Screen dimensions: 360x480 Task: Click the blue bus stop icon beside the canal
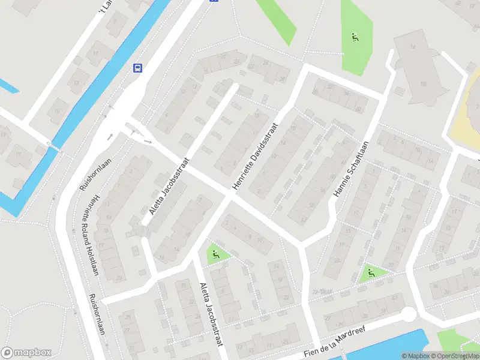pyautogui.click(x=138, y=68)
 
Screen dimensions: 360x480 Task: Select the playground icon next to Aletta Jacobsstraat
pyautogui.click(x=215, y=254)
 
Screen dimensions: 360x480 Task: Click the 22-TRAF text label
pyautogui.click(x=322, y=292)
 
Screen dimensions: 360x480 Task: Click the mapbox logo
pyautogui.click(x=26, y=353)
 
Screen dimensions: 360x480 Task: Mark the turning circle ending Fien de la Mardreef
pyautogui.click(x=408, y=314)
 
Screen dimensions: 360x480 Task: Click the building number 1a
pyautogui.click(x=413, y=46)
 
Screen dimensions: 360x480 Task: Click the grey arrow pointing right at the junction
pyautogui.click(x=148, y=141)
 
